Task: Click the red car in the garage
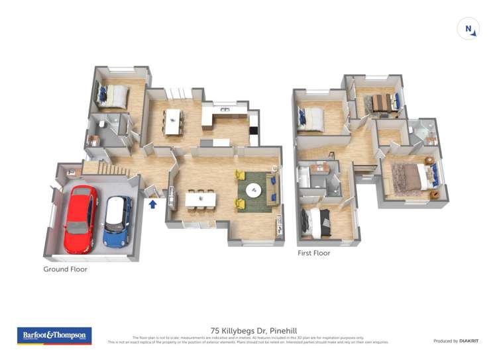click(80, 220)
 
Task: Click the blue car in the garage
click(117, 221)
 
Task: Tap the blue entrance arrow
click(152, 204)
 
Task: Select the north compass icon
click(469, 29)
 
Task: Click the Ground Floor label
click(65, 269)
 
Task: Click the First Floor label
click(313, 253)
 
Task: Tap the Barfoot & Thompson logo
click(54, 336)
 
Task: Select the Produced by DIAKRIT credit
click(455, 341)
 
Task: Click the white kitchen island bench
click(174, 121)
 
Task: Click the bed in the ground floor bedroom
click(113, 96)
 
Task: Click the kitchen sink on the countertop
click(225, 109)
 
